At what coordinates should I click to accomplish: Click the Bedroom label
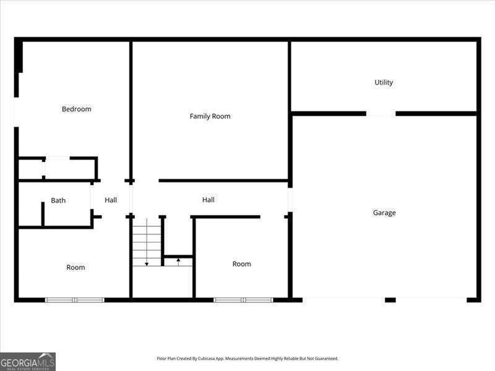point(76,109)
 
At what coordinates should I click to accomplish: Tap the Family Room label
point(210,116)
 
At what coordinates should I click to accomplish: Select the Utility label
point(384,82)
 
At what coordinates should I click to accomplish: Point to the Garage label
point(384,213)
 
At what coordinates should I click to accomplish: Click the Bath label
point(58,200)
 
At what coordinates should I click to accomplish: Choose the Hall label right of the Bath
point(111,200)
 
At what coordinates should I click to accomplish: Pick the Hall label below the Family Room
point(209,200)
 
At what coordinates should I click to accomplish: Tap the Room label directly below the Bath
point(75,267)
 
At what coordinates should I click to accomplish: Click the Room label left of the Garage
point(241,264)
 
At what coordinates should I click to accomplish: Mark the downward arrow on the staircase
point(147,263)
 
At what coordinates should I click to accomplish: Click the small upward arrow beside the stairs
point(178,261)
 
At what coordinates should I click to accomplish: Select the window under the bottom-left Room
point(75,300)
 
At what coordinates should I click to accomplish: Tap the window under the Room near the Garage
point(243,300)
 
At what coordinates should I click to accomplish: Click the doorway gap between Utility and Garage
point(381,114)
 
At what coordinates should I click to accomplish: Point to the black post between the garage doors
point(390,300)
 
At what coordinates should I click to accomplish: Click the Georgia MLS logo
point(28,361)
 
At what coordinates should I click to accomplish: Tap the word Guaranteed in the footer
point(326,358)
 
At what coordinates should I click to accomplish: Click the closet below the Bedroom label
point(58,168)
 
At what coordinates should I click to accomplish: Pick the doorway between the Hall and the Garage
point(290,200)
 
